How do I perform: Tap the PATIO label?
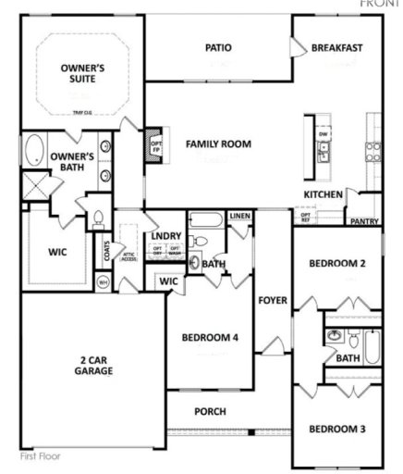click(218, 47)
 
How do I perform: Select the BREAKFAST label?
click(336, 47)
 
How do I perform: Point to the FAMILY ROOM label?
click(218, 144)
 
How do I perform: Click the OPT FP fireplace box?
click(154, 143)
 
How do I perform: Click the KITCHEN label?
click(324, 194)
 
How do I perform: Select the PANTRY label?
click(364, 222)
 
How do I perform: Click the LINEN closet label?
click(240, 216)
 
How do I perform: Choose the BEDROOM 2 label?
click(338, 264)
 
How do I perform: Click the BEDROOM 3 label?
click(338, 430)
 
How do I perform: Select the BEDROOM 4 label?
click(210, 337)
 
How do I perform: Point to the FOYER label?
click(273, 301)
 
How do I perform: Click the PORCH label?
click(211, 412)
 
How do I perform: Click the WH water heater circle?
click(104, 281)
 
